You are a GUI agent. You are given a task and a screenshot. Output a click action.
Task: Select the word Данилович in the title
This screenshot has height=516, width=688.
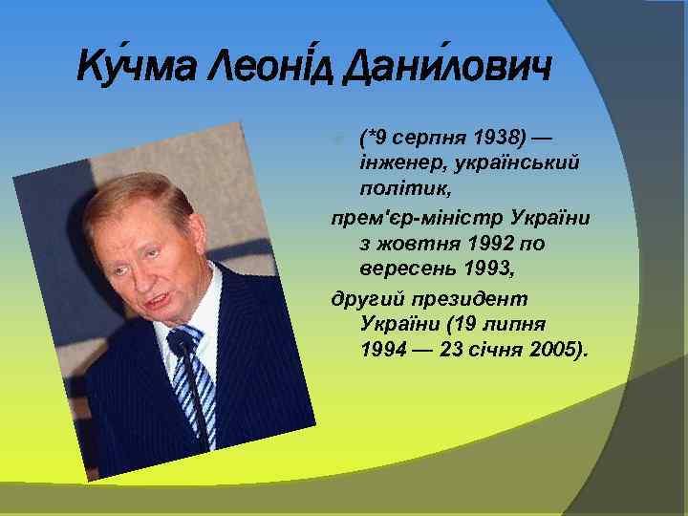coord(445,68)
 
